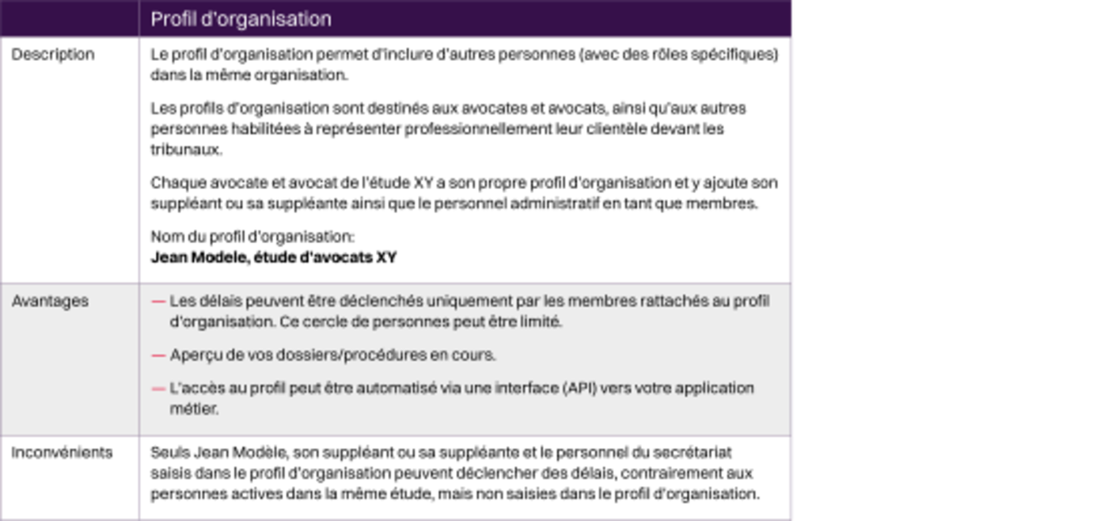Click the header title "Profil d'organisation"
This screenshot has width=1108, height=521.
(241, 19)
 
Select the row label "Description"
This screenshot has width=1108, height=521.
(52, 55)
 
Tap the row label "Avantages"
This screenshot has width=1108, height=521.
(50, 301)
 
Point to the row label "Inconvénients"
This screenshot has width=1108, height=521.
(62, 452)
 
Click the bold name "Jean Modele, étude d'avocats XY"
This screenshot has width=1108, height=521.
(274, 257)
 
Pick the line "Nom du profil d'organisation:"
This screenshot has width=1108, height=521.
(252, 237)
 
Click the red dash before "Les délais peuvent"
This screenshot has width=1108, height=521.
(158, 302)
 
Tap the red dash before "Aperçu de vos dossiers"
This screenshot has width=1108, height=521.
(158, 356)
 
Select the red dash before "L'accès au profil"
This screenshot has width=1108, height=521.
(158, 389)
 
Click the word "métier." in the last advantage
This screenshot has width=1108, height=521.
(193, 409)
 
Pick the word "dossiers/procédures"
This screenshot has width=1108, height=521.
(351, 355)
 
